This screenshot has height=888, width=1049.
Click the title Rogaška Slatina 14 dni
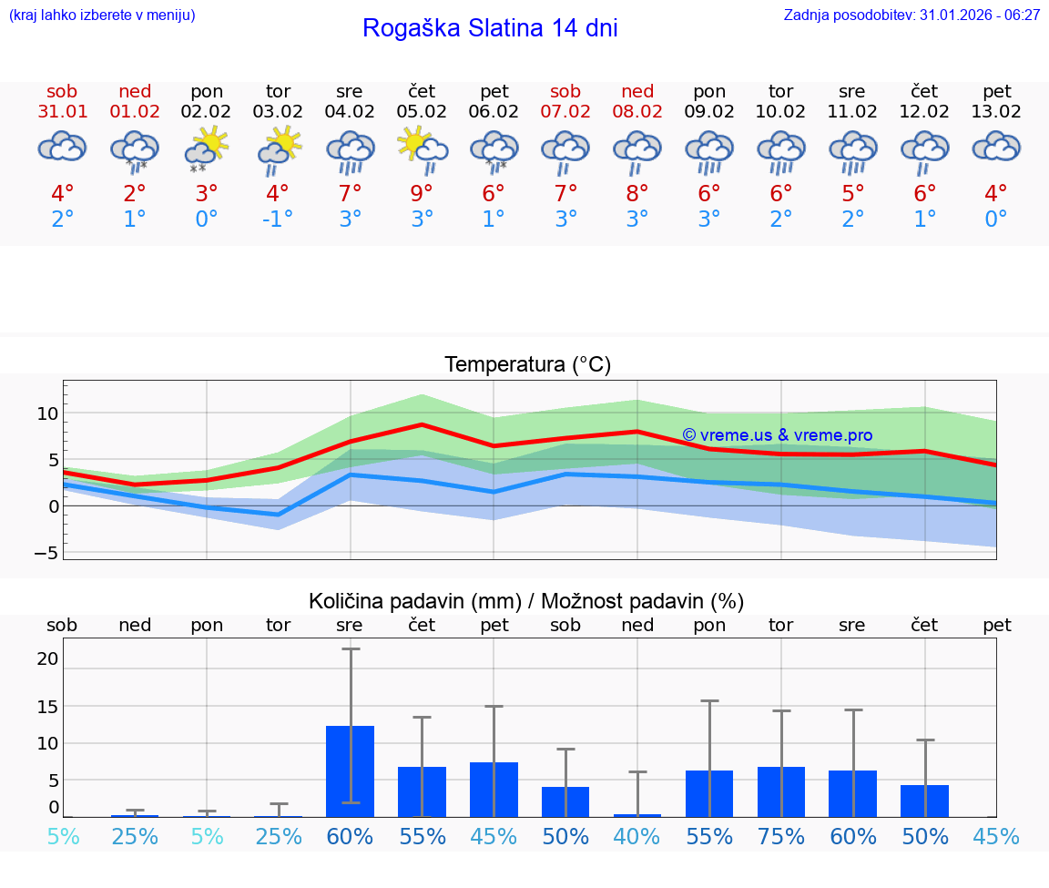click(490, 28)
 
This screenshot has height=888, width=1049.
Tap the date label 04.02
click(350, 112)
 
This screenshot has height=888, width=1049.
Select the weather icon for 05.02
click(422, 148)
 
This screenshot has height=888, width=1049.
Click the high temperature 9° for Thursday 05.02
click(422, 193)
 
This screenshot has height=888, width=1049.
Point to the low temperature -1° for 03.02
click(278, 219)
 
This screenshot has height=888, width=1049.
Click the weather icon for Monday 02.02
click(207, 148)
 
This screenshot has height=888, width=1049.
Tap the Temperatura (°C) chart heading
click(527, 365)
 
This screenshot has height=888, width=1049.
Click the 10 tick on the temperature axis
click(47, 413)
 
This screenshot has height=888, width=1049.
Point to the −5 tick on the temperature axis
click(45, 553)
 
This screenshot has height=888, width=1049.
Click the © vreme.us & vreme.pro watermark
click(777, 435)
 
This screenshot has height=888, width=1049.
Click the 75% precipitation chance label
click(781, 837)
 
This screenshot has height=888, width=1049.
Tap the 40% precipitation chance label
click(637, 837)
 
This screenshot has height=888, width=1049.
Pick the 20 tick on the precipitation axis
click(47, 658)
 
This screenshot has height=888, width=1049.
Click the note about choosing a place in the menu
click(102, 15)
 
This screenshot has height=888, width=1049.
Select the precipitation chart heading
click(526, 601)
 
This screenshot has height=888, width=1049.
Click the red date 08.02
click(637, 112)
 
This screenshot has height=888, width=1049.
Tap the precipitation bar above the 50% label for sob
click(565, 801)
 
